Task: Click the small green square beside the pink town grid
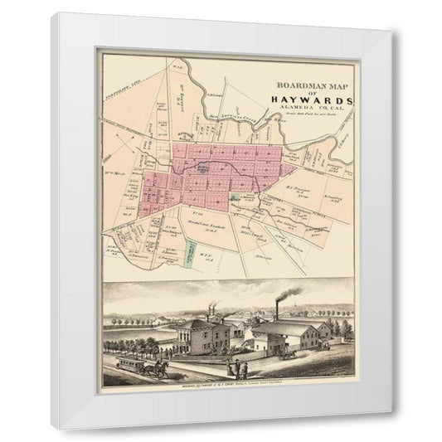click(235, 198)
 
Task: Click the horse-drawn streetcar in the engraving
click(132, 364)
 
